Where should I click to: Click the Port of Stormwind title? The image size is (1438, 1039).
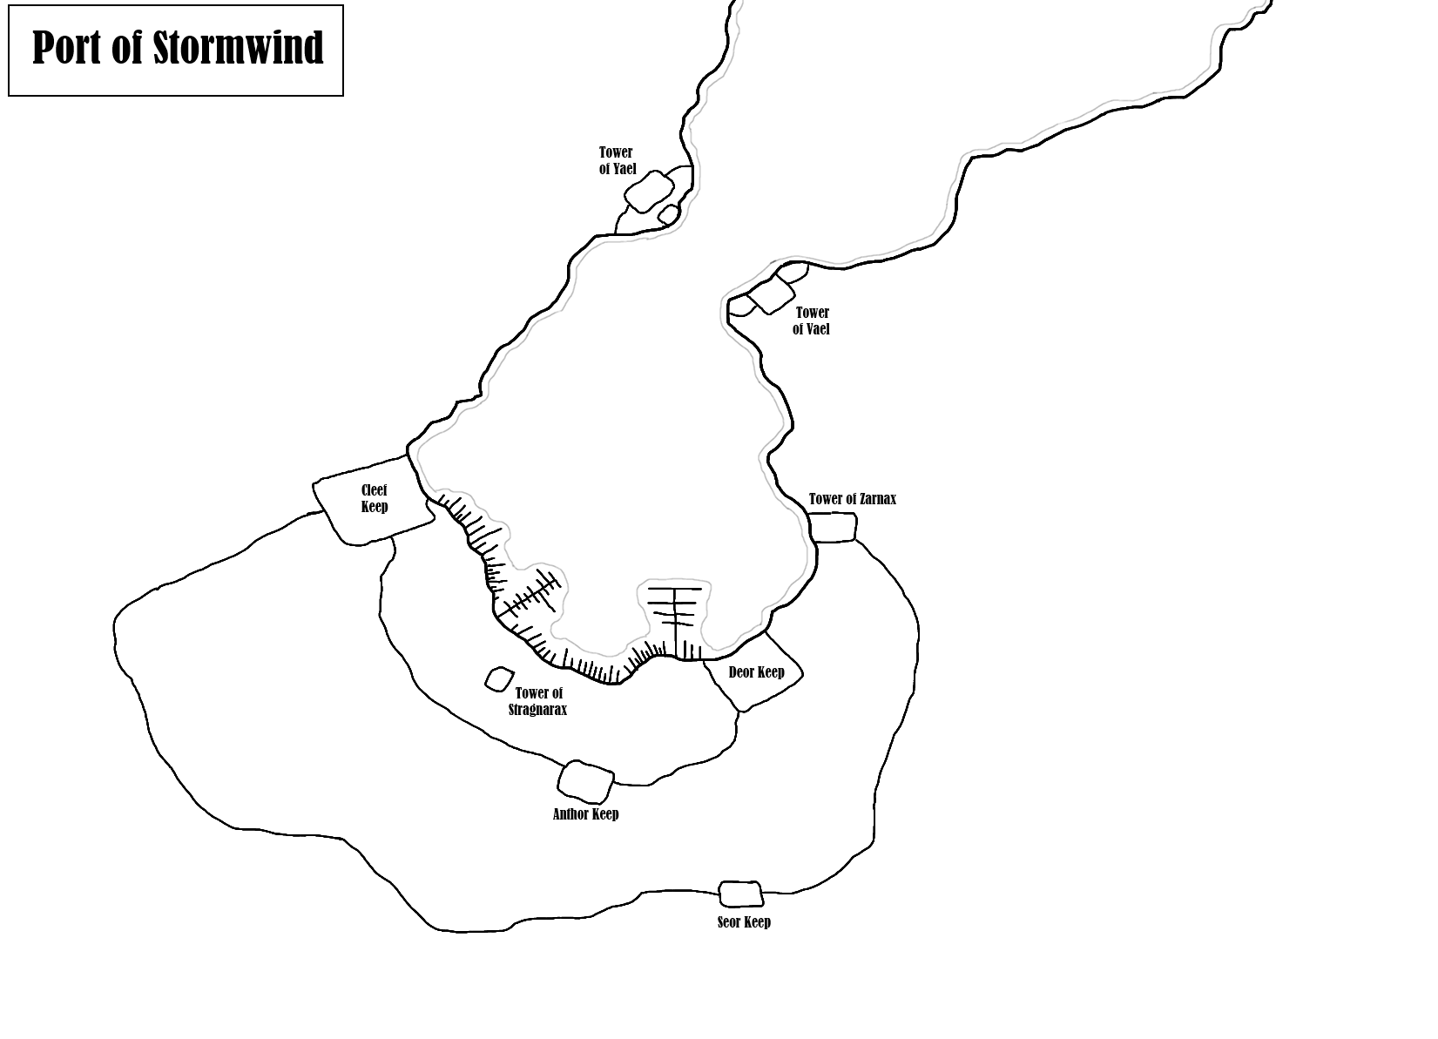(177, 49)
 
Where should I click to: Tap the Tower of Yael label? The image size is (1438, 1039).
(617, 161)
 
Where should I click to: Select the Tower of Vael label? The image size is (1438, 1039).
(811, 320)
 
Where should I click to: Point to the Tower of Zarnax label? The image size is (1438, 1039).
(852, 499)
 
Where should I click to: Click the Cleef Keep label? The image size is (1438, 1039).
(375, 498)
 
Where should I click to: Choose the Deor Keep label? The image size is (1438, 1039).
(756, 672)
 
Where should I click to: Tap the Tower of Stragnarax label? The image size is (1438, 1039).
(538, 701)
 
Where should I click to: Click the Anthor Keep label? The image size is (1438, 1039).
(585, 814)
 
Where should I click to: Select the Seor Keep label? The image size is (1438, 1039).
(744, 922)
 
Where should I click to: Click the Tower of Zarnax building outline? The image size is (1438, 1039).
(832, 528)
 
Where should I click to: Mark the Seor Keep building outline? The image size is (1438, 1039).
(740, 894)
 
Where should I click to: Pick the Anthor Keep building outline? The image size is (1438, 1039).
(585, 781)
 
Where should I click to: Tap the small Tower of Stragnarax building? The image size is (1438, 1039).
(499, 679)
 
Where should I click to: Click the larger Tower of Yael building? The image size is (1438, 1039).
(649, 192)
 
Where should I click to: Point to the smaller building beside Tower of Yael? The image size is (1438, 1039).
(668, 213)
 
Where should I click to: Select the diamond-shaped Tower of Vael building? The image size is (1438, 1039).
(773, 296)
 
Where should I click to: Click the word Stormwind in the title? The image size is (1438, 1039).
(238, 49)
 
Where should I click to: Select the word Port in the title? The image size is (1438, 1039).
(68, 49)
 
